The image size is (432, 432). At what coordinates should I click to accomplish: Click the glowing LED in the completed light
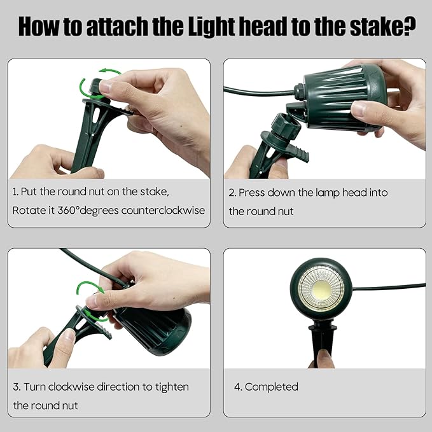[321, 289]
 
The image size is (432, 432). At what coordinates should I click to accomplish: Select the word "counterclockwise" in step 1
[163, 211]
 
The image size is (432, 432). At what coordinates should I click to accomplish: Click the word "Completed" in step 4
[272, 387]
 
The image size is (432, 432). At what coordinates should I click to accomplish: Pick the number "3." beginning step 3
[17, 387]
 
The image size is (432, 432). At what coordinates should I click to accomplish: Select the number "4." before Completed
[238, 387]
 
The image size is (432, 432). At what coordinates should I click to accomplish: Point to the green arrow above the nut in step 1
[109, 71]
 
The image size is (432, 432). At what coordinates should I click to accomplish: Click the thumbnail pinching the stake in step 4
[324, 356]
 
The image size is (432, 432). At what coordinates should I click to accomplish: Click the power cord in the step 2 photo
[259, 92]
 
